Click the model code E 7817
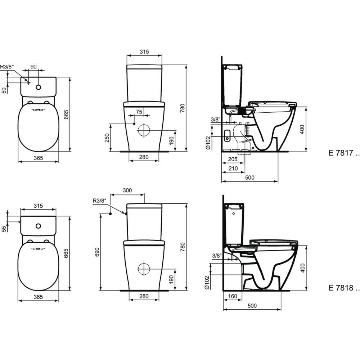click(343, 153)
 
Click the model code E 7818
click(343, 288)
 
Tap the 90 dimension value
click(33, 67)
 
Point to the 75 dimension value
click(139, 112)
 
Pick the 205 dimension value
click(232, 159)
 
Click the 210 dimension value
click(233, 168)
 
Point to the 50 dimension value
click(4, 90)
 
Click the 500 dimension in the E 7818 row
click(252, 306)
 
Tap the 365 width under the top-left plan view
click(39, 158)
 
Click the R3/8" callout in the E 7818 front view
click(99, 201)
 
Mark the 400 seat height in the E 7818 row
click(303, 267)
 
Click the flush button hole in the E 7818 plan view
click(38, 226)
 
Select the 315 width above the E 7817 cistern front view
click(144, 52)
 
